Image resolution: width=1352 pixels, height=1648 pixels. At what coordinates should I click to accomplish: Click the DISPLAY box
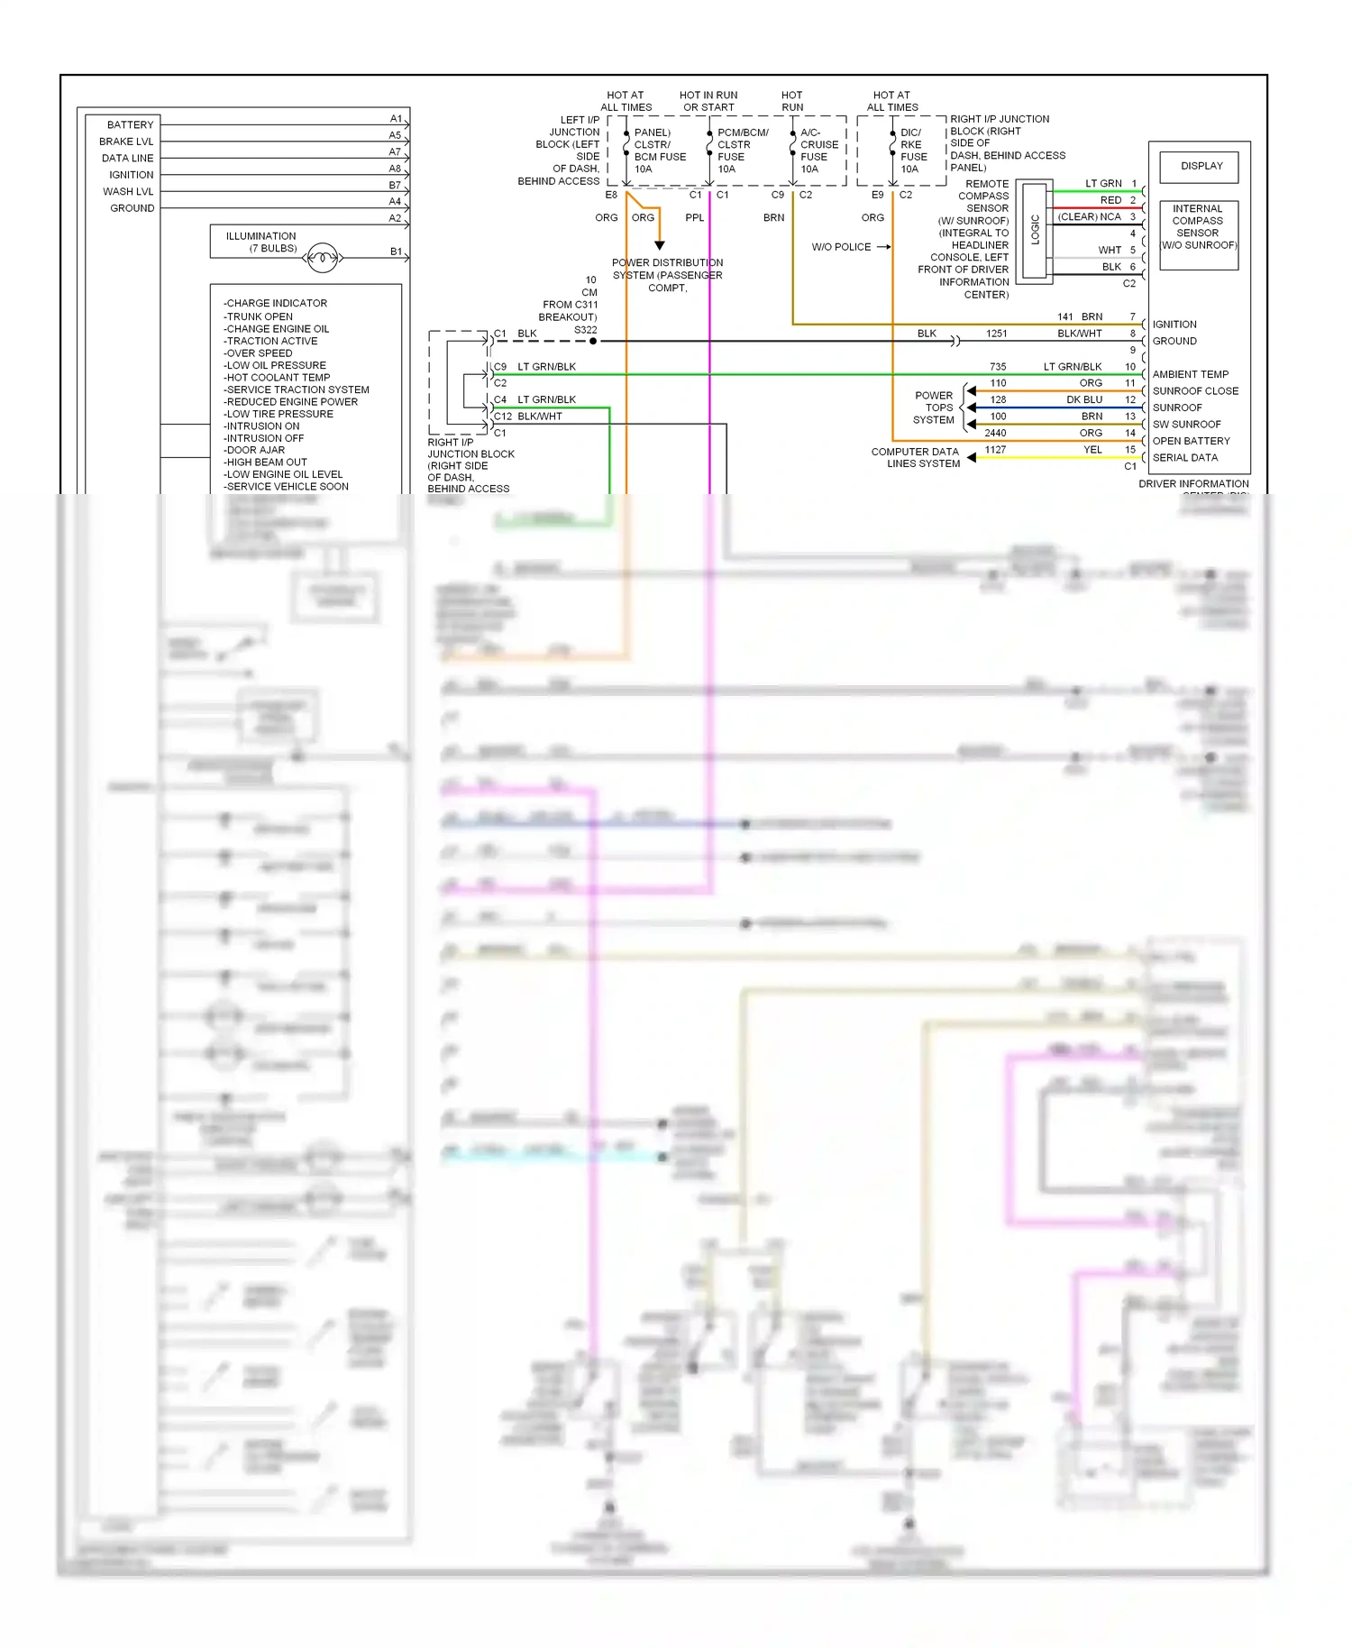[x=1201, y=167]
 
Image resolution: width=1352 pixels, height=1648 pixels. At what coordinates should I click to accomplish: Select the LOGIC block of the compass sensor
[x=1035, y=230]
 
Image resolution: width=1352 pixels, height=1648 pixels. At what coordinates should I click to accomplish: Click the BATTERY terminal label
[x=130, y=124]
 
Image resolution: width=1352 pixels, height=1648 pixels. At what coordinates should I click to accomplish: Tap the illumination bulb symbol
[x=323, y=259]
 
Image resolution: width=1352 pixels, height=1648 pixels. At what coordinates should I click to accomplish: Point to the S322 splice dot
[x=592, y=341]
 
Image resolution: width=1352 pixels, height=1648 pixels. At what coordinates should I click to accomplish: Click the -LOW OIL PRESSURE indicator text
[x=274, y=365]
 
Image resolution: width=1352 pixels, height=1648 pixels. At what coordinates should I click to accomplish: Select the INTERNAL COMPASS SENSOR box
[x=1198, y=227]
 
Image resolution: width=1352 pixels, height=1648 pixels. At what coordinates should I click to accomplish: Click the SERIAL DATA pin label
[x=1184, y=458]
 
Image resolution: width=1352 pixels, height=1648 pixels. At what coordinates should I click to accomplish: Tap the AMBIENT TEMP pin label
[x=1190, y=374]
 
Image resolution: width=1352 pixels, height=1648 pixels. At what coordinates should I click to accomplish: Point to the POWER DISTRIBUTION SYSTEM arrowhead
[x=660, y=245]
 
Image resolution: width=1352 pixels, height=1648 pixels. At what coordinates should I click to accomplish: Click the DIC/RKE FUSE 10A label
[x=913, y=151]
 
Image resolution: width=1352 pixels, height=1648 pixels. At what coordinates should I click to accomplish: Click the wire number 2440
[x=995, y=433]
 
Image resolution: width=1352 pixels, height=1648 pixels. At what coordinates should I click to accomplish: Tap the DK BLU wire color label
[x=1084, y=399]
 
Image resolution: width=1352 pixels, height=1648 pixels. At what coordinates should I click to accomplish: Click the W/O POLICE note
[x=841, y=247]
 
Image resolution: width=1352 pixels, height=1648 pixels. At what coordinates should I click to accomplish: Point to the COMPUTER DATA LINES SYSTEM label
[x=915, y=458]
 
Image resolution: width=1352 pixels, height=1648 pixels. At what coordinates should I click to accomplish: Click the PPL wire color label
[x=694, y=217]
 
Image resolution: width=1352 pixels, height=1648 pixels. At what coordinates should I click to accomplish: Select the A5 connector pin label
[x=395, y=135]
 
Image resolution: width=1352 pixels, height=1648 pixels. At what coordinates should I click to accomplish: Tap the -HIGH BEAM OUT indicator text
[x=266, y=462]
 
